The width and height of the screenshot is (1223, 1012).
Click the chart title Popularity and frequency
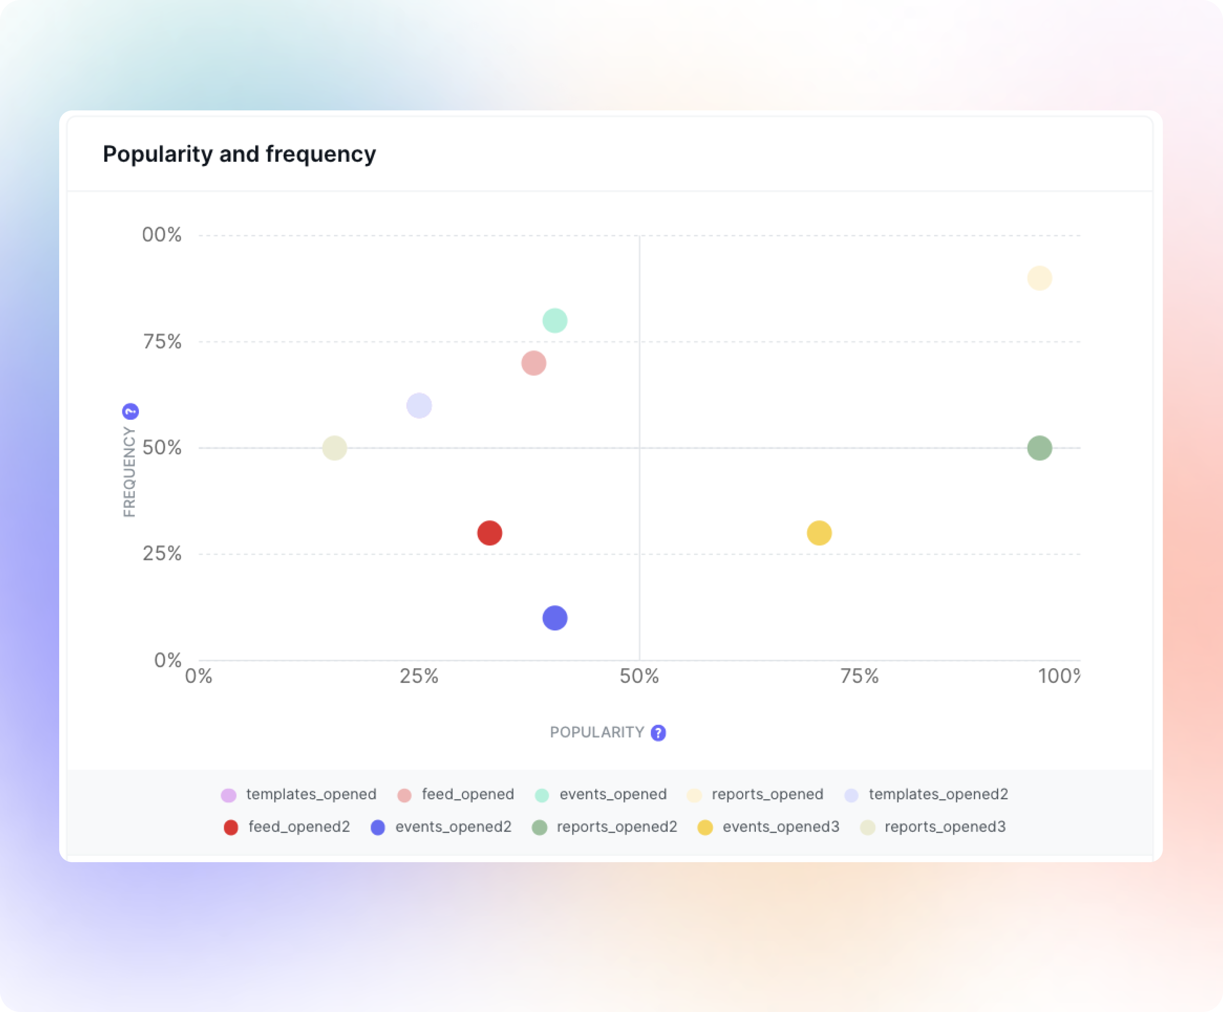[x=239, y=154]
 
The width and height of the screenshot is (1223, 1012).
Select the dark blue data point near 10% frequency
[x=555, y=618]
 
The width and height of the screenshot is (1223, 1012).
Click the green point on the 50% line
[x=1039, y=448]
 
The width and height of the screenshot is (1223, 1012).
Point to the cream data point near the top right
[x=1039, y=278]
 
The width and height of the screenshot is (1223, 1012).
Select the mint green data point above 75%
[x=555, y=321]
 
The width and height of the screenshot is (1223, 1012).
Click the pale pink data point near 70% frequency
[x=533, y=363]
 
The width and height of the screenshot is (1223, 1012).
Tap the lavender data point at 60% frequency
[x=419, y=406]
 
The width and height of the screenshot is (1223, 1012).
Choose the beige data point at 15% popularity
[x=334, y=448]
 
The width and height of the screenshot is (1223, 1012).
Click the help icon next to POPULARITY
[x=658, y=732]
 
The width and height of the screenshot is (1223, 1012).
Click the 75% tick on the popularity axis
[x=859, y=676]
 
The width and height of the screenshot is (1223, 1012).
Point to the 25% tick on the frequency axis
[x=162, y=553]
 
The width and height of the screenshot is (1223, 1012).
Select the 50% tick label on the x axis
[x=639, y=676]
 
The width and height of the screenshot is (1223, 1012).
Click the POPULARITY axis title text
[x=597, y=732]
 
